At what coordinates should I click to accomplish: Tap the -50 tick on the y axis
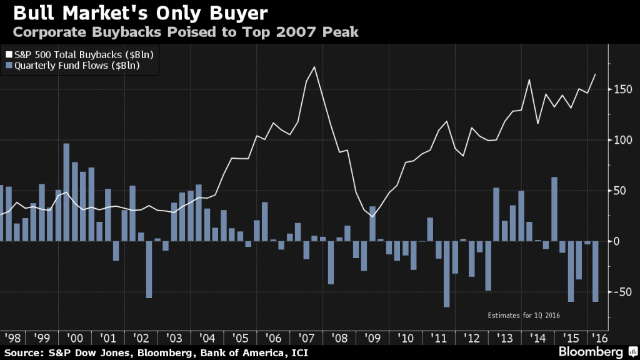pos(622,292)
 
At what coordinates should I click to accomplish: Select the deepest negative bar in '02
pos(149,269)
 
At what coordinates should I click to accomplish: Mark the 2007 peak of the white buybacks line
pos(314,67)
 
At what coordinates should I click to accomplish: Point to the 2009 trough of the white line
pos(372,216)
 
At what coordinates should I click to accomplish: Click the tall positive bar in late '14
pos(554,209)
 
